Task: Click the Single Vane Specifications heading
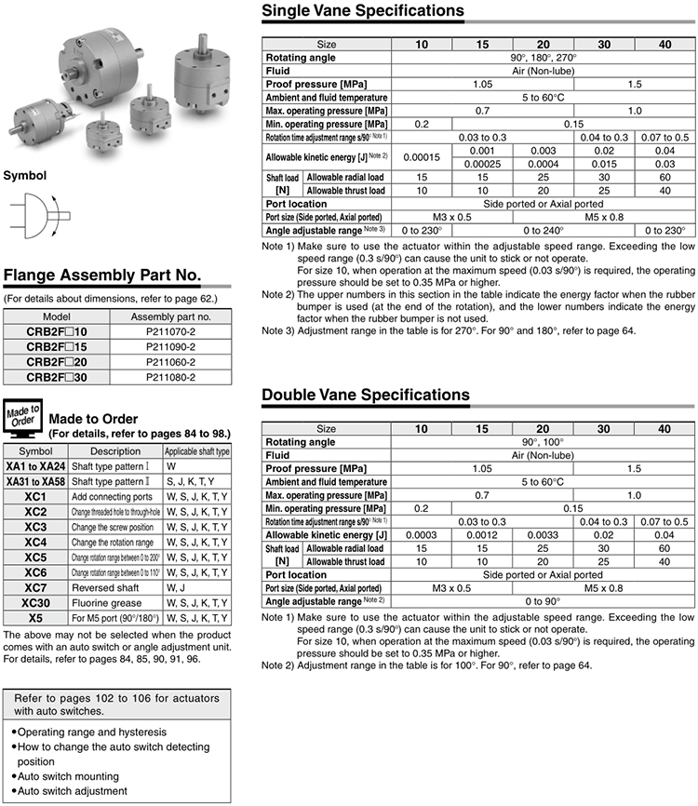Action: pos(362,11)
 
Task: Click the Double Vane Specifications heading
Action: pos(366,395)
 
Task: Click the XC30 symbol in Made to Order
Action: pos(35,603)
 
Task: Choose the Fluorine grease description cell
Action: pos(106,603)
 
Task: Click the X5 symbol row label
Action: pos(35,618)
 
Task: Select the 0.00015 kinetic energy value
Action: pos(422,156)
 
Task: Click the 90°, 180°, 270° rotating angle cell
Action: pos(543,58)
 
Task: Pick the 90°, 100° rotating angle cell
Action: pos(543,442)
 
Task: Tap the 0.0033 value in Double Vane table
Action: pos(543,535)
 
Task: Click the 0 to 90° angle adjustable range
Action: pos(543,602)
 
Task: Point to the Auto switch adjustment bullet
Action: pos(72,791)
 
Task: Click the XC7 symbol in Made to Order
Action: pos(35,588)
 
